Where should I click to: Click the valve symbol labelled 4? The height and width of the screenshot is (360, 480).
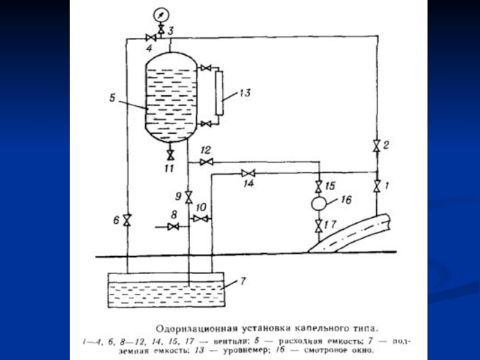[151, 38]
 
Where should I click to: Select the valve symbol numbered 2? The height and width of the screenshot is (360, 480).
[376, 145]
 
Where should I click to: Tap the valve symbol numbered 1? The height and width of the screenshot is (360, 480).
[376, 186]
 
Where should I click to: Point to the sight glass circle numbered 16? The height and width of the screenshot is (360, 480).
[319, 203]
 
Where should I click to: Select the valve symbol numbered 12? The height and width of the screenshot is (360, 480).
[206, 162]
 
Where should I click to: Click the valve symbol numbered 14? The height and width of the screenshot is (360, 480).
[247, 173]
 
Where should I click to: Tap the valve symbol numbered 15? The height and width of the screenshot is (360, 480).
[319, 185]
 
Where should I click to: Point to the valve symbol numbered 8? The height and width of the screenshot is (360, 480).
[173, 226]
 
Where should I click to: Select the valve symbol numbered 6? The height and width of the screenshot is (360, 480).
[127, 220]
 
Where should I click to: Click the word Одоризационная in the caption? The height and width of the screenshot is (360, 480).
[191, 328]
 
